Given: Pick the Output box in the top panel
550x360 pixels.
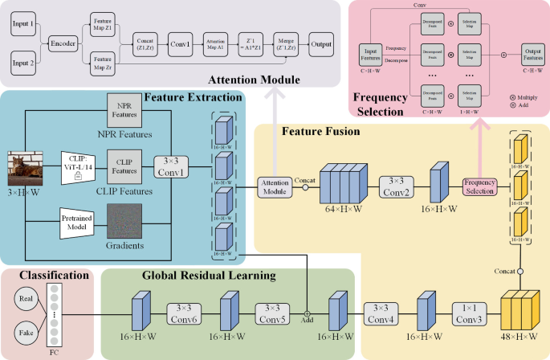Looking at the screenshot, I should point(321,43).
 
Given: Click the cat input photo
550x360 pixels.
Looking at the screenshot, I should point(26,170).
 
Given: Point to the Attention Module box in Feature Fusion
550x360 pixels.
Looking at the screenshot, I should point(275,186).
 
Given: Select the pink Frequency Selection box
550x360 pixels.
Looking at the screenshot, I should point(480,186).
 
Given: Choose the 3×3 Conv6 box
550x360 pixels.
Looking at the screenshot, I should point(184,312).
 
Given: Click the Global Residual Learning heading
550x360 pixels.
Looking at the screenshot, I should point(209,276).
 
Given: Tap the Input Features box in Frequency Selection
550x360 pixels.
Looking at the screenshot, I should point(370,55).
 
